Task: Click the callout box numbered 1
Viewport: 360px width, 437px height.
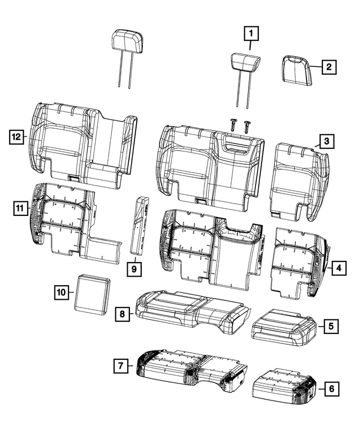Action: point(251,34)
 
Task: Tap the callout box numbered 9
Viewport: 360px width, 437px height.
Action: point(134,269)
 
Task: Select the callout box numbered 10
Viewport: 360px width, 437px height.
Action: point(62,292)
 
